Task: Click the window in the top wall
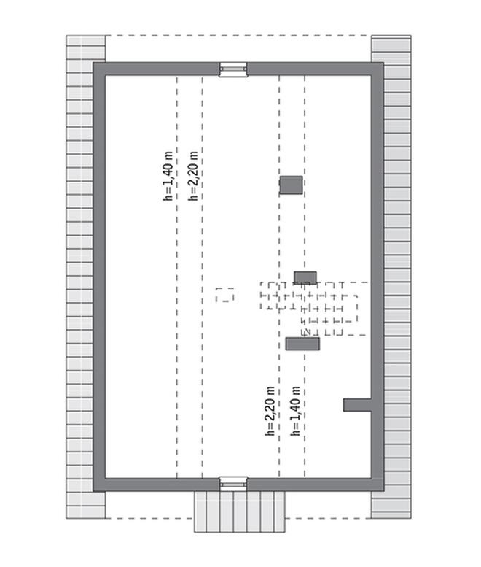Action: [x=233, y=69]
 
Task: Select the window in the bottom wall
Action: [x=233, y=483]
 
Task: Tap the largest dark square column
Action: [x=291, y=185]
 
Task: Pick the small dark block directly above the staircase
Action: [x=305, y=277]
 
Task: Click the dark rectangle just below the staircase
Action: [x=302, y=344]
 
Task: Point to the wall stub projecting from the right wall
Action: [x=357, y=404]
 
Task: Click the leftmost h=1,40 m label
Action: [x=168, y=175]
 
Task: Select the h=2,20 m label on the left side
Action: [x=193, y=175]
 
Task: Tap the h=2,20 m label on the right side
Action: [x=270, y=411]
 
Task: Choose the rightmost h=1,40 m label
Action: [x=295, y=411]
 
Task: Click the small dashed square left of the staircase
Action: [x=224, y=295]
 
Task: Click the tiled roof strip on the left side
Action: [x=79, y=277]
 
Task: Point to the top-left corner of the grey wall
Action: [x=98, y=69]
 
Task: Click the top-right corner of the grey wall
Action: [x=378, y=69]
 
